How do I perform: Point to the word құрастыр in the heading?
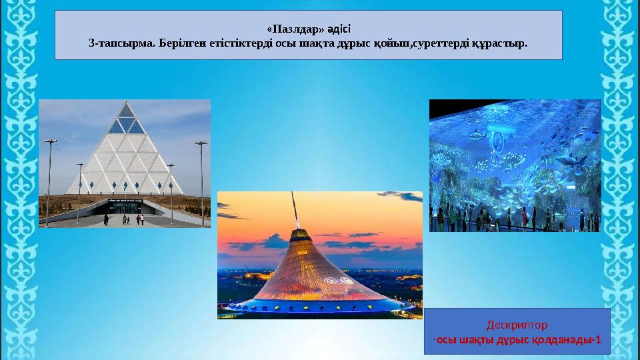[x=499, y=43]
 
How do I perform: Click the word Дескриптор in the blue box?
[x=517, y=325]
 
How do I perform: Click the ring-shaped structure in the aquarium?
[x=497, y=141]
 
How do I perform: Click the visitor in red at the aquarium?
[x=524, y=216]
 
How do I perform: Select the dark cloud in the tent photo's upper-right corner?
[x=401, y=196]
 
